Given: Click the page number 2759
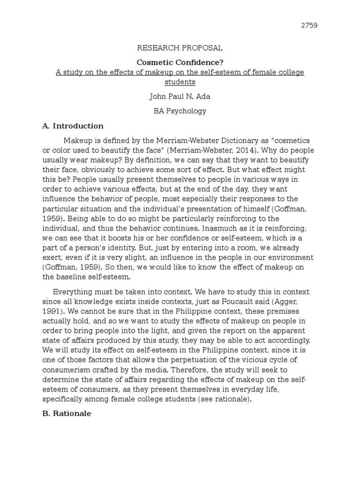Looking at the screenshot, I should [309, 25].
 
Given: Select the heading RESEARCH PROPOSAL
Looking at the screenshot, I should [180, 48].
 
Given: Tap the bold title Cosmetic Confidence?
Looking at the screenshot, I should [180, 62].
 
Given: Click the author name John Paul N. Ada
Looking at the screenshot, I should [180, 97].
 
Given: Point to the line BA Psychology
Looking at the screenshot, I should [180, 111].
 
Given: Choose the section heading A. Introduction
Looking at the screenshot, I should [73, 126].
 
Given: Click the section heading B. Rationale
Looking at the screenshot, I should [67, 413].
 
